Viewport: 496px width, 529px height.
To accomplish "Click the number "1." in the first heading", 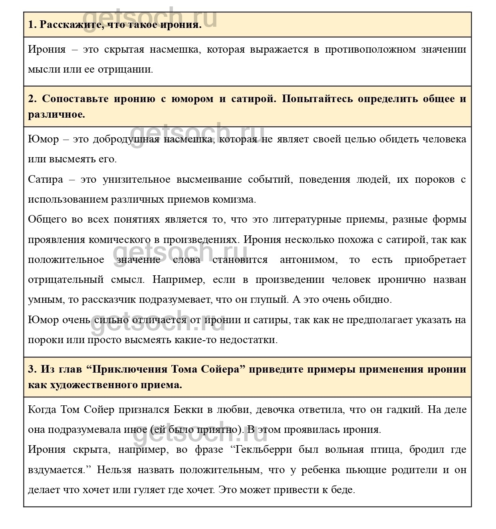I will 32,25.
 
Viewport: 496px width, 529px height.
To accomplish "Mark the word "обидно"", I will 371,300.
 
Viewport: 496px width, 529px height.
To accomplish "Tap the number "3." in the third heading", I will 32,369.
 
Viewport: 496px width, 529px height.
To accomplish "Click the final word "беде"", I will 344,490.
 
